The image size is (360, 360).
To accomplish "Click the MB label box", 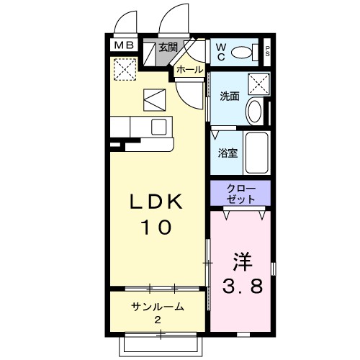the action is (124, 45).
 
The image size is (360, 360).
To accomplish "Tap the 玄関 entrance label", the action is (168, 48).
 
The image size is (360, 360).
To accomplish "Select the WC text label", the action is (221, 52).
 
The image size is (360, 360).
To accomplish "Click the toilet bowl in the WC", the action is (242, 52).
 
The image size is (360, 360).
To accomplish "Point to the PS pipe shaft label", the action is (267, 52).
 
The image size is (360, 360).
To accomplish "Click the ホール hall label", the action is (190, 70).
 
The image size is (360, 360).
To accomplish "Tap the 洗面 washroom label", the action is (230, 96).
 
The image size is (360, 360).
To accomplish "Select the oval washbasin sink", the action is (255, 112).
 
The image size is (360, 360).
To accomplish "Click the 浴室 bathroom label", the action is (228, 153).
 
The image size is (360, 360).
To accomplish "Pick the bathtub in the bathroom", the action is (257, 153).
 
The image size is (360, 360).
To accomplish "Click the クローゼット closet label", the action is (240, 194).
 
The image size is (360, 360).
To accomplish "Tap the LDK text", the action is (156, 202).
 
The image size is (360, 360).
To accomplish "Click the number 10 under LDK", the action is (156, 227).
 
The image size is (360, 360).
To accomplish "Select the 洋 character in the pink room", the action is (242, 261).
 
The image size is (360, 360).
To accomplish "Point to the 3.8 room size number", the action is (243, 286).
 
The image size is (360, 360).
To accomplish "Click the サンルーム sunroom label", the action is (158, 307).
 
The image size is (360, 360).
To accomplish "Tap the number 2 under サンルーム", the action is (158, 320).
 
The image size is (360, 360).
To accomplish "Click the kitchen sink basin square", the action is (159, 127).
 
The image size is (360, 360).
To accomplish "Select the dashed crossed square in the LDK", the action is (125, 69).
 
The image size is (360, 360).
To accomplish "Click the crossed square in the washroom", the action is (258, 84).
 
